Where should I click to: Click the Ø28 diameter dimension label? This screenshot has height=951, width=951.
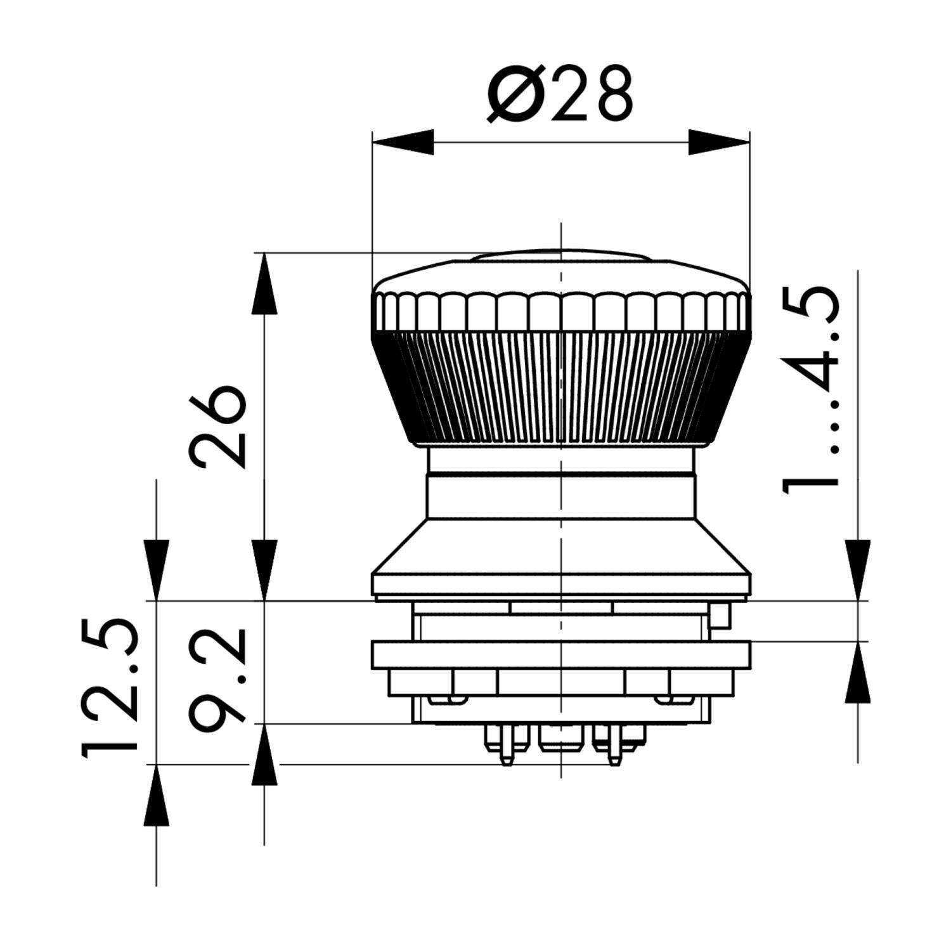point(560,94)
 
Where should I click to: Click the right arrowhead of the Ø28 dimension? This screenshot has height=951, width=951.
point(719,142)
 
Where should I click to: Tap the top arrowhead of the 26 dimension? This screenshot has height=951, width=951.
point(264,283)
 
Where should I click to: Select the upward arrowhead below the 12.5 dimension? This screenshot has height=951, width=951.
point(156,795)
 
